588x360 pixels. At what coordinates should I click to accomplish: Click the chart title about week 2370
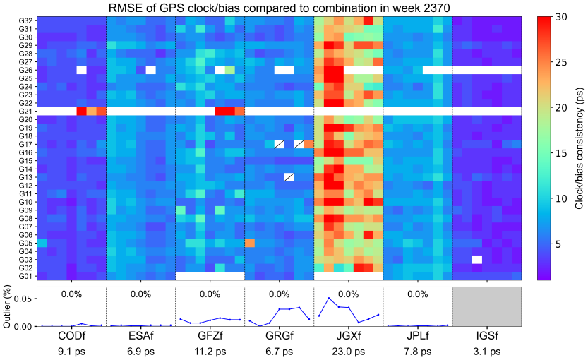click(x=279, y=8)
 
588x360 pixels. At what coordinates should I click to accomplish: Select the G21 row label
click(x=23, y=111)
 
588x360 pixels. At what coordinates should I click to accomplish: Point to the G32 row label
click(x=23, y=20)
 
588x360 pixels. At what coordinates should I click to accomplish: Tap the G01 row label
click(x=23, y=276)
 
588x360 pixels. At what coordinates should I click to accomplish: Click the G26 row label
click(x=23, y=70)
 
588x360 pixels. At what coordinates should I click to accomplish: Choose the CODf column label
click(x=71, y=334)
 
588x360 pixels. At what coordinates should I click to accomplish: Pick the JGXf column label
click(x=348, y=334)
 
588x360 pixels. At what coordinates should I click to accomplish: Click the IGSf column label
click(x=486, y=334)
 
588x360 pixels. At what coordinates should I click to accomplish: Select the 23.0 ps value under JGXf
click(x=348, y=349)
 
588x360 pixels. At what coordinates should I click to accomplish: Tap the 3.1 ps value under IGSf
click(x=486, y=349)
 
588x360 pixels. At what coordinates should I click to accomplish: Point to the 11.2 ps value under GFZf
click(x=210, y=349)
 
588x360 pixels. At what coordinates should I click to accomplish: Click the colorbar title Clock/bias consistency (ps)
click(x=577, y=148)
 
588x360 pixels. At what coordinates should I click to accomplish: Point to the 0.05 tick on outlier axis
click(x=22, y=300)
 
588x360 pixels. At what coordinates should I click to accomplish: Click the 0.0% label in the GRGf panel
click(x=279, y=294)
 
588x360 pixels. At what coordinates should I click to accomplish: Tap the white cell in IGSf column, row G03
click(x=477, y=259)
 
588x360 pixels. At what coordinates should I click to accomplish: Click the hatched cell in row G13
click(x=289, y=177)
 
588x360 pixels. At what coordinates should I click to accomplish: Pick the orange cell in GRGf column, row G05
click(x=250, y=243)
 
